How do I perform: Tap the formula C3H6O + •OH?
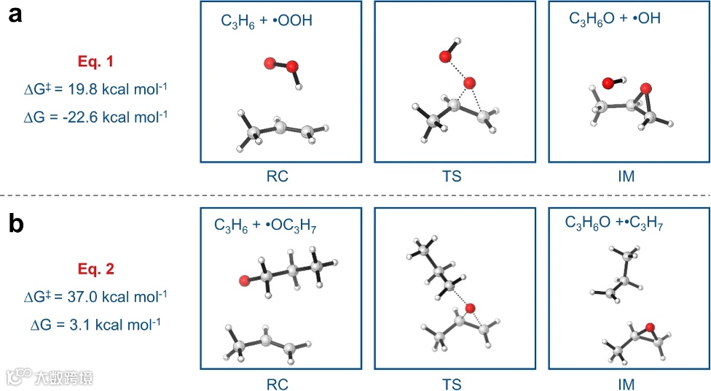tap(615, 19)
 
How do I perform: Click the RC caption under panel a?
tap(280, 176)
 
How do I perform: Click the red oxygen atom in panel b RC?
tap(245, 279)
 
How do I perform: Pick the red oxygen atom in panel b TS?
tap(471, 309)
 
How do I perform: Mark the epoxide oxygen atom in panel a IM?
tap(644, 88)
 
